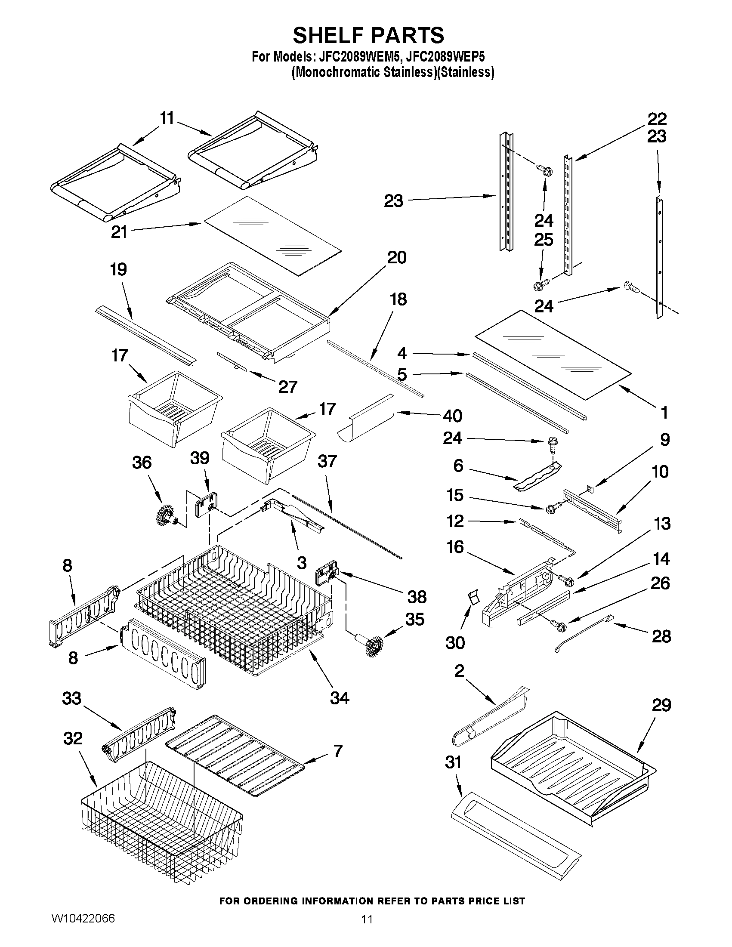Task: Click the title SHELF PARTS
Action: (x=368, y=35)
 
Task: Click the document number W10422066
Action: (x=83, y=931)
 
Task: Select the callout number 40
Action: (x=452, y=416)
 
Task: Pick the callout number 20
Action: (x=396, y=258)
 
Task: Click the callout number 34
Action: (x=339, y=698)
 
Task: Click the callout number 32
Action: (x=72, y=738)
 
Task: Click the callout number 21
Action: (x=119, y=232)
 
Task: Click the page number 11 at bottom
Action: (x=367, y=931)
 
